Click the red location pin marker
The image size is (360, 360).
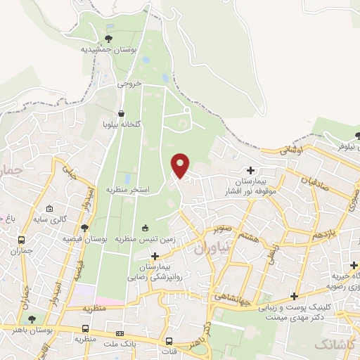coord(181,165)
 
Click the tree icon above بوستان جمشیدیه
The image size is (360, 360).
coord(108,39)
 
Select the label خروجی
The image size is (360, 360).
coord(129,83)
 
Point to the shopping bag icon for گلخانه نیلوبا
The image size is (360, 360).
coord(122,112)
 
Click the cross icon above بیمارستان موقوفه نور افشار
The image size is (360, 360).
coord(251,170)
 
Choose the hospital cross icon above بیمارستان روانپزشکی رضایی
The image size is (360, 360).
coord(165,257)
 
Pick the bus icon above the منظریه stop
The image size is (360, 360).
coord(85,328)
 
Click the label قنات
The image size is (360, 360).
coord(169,351)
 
